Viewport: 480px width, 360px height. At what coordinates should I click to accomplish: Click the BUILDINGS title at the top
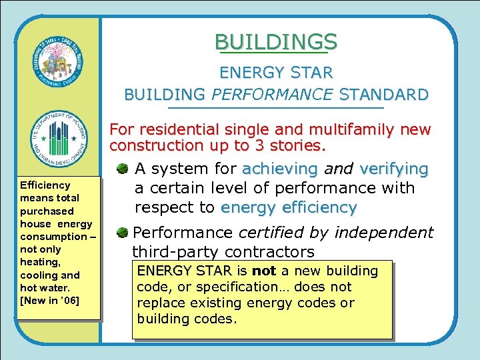click(276, 42)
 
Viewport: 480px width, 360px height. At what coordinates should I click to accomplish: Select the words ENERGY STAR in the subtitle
click(276, 72)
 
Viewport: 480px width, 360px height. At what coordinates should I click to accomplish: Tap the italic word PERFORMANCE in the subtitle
click(273, 95)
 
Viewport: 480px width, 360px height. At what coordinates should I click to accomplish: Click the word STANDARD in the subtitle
click(383, 95)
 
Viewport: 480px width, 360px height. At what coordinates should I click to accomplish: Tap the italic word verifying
click(393, 169)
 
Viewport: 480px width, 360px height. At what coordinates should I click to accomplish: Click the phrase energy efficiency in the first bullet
click(289, 207)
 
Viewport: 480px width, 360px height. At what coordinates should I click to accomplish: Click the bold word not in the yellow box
click(263, 271)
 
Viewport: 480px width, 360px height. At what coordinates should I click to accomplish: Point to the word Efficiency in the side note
click(45, 185)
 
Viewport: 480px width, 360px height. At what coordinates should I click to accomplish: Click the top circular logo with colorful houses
click(59, 63)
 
